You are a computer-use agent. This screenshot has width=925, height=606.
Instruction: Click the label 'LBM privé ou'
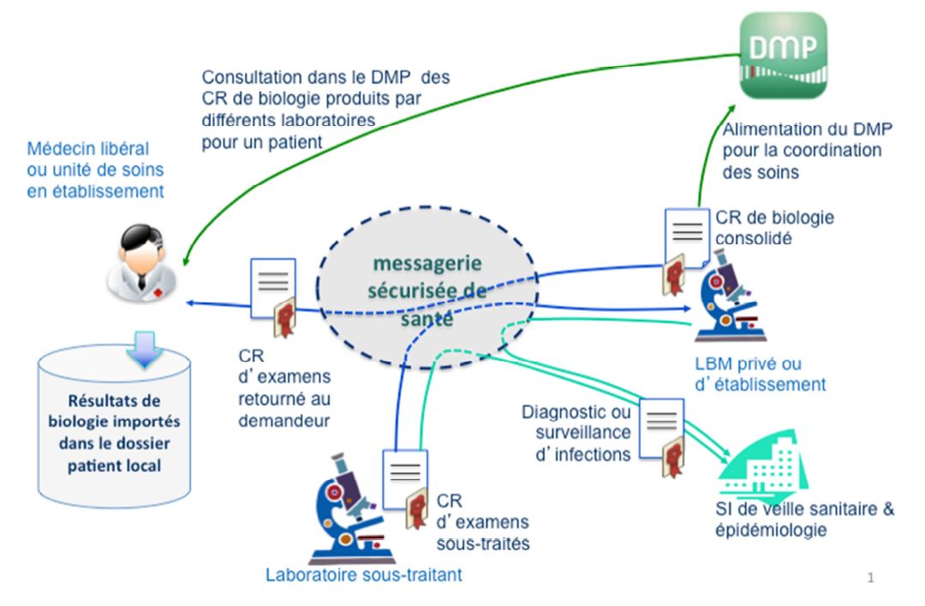click(x=760, y=364)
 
